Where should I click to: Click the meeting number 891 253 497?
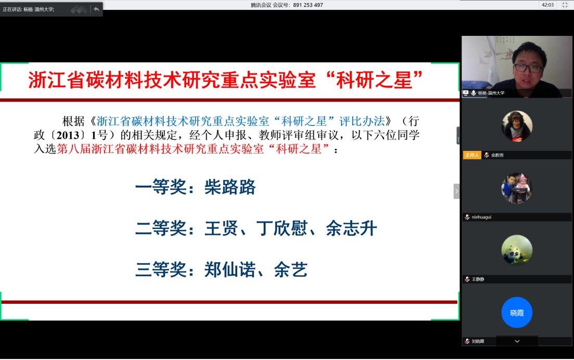click(x=308, y=5)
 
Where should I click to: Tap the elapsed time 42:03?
click(x=547, y=5)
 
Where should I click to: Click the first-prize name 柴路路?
click(x=230, y=187)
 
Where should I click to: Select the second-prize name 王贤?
click(x=221, y=229)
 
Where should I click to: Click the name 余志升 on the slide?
click(x=351, y=229)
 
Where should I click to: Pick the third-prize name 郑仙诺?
click(x=230, y=270)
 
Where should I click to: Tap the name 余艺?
click(x=291, y=270)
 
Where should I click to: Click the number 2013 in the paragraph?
click(x=68, y=135)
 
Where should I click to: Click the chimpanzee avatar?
click(x=517, y=126)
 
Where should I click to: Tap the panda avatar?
click(x=517, y=250)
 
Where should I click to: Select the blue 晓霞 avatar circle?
click(x=517, y=313)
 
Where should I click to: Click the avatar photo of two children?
click(x=517, y=188)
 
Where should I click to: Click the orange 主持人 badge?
click(x=472, y=155)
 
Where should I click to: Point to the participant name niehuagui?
click(x=481, y=217)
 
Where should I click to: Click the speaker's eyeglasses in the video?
click(x=528, y=68)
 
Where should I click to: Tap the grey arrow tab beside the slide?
click(x=456, y=191)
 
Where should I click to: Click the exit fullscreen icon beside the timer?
click(x=565, y=5)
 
